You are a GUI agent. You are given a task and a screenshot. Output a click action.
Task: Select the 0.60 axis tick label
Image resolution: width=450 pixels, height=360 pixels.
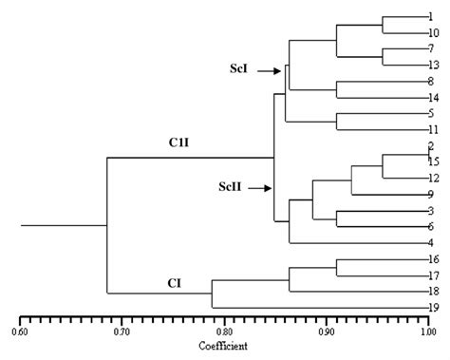coord(20,332)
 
